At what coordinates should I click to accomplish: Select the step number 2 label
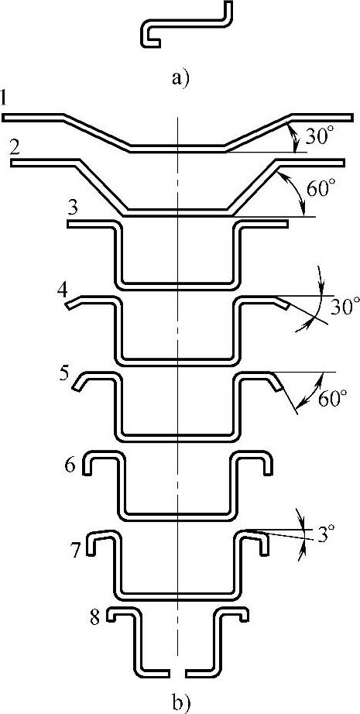15,148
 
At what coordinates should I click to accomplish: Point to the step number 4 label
63,290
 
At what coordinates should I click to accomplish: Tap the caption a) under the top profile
180,79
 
